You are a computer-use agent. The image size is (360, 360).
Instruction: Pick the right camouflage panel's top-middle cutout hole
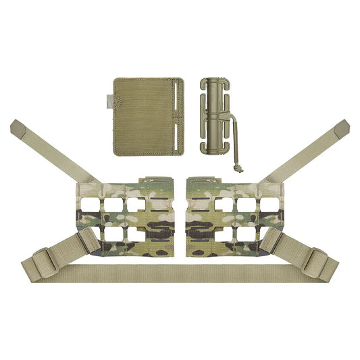(x=246, y=204)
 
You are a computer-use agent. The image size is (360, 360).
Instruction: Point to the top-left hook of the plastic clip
(x=203, y=84)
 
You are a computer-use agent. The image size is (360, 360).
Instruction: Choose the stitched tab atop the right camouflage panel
(x=203, y=182)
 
